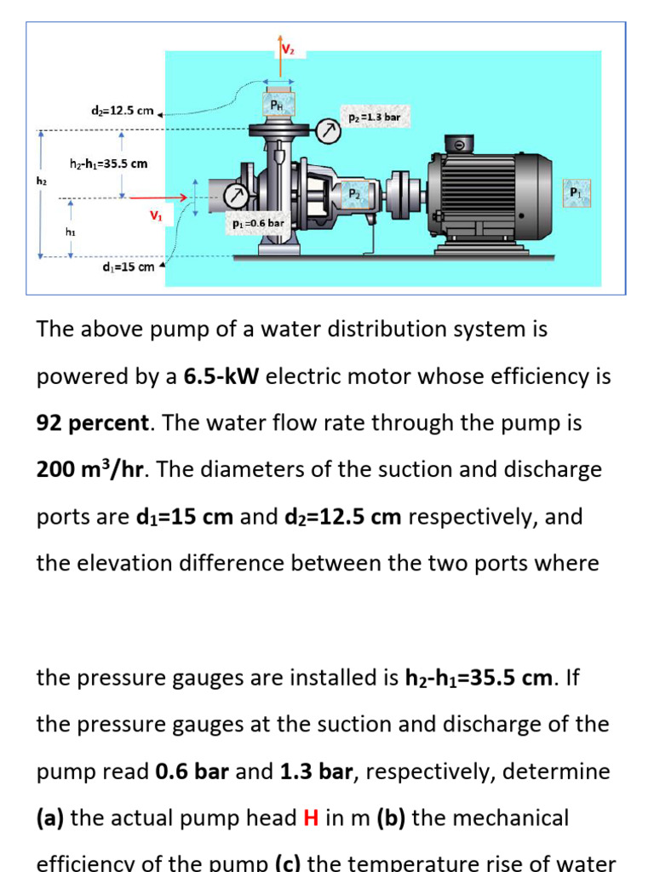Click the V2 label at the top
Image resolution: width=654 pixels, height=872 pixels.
(288, 49)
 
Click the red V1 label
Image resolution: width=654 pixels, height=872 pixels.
(156, 216)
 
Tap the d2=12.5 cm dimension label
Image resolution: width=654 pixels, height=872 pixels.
(122, 111)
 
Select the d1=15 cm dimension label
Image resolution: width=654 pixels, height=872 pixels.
(128, 267)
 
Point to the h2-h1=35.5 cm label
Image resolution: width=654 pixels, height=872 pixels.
(108, 163)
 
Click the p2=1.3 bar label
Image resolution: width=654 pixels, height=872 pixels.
(375, 117)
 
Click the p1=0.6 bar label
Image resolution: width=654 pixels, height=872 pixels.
(258, 223)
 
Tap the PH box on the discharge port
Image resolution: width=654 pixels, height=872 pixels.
(279, 104)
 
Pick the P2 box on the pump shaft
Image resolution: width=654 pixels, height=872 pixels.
(353, 193)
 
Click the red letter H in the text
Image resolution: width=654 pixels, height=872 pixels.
(311, 818)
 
